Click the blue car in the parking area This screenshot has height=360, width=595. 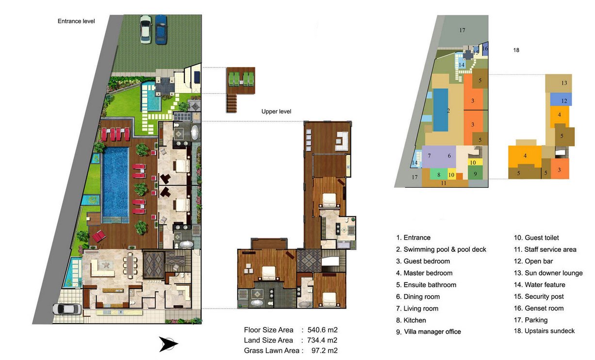click(x=161, y=29)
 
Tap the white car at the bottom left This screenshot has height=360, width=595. click(x=67, y=309)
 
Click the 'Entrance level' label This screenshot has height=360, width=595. click(x=76, y=21)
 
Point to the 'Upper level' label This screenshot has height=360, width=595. click(x=276, y=112)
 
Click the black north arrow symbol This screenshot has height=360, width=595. click(x=168, y=344)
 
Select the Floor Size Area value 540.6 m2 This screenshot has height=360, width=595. click(x=322, y=330)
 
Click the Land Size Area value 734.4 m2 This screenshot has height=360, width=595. click(x=322, y=340)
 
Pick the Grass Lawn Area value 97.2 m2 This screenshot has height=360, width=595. click(x=324, y=350)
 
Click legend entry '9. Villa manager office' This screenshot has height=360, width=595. click(x=429, y=331)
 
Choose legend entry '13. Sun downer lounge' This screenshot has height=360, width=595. click(x=548, y=273)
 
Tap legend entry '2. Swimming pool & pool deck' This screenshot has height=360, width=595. click(x=441, y=249)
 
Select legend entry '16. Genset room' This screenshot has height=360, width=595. click(x=539, y=308)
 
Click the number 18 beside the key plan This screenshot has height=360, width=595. click(x=516, y=50)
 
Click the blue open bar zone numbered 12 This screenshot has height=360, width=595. click(x=561, y=99)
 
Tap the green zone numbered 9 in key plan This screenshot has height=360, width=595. click(x=475, y=173)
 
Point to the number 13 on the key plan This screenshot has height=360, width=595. click(x=564, y=83)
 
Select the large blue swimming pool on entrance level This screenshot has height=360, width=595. click(x=116, y=182)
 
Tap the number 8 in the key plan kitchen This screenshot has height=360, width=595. click(x=439, y=175)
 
